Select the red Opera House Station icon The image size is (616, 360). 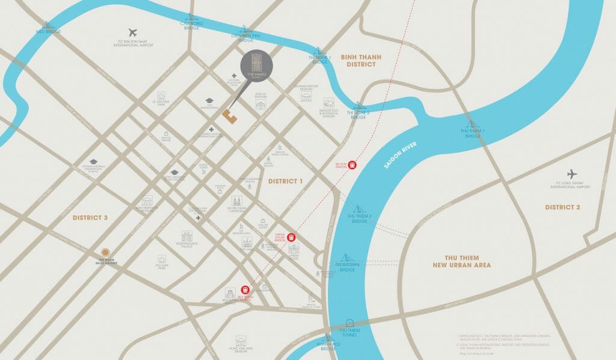pyautogui.click(x=292, y=237)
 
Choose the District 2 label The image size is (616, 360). pyautogui.click(x=562, y=207)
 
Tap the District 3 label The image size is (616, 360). pyautogui.click(x=90, y=217)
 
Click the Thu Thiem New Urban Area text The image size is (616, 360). pyautogui.click(x=461, y=261)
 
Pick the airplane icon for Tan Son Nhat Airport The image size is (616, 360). pyautogui.click(x=133, y=32)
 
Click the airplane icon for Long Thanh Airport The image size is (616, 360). pyautogui.click(x=572, y=174)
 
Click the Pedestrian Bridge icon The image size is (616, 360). pyautogui.click(x=348, y=258)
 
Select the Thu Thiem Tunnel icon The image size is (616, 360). pyautogui.click(x=350, y=323)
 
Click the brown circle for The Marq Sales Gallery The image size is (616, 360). pyautogui.click(x=105, y=252)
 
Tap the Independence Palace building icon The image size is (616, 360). pyautogui.click(x=186, y=235)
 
